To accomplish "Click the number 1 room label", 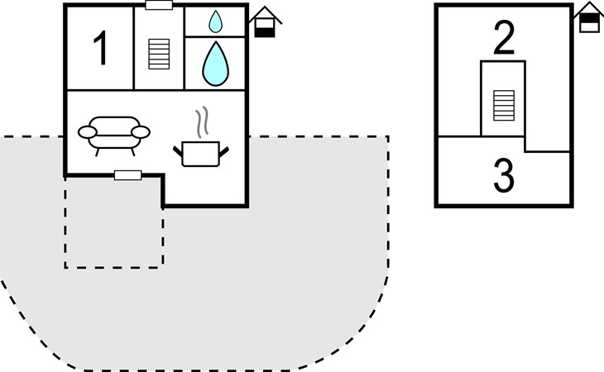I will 100,50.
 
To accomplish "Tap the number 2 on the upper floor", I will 504,38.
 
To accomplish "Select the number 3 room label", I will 504,175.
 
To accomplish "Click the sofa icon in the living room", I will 113,133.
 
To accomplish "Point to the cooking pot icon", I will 199,154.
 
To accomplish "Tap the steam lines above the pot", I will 199,123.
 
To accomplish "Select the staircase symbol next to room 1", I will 157,55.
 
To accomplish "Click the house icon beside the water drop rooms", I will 266,22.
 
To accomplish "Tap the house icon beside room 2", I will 588,17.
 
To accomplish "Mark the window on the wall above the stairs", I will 158,5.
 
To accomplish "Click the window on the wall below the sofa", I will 127,174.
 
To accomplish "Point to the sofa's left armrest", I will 86,131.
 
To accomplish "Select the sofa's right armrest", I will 142,131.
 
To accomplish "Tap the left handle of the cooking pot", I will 179,150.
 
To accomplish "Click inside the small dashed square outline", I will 113,223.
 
